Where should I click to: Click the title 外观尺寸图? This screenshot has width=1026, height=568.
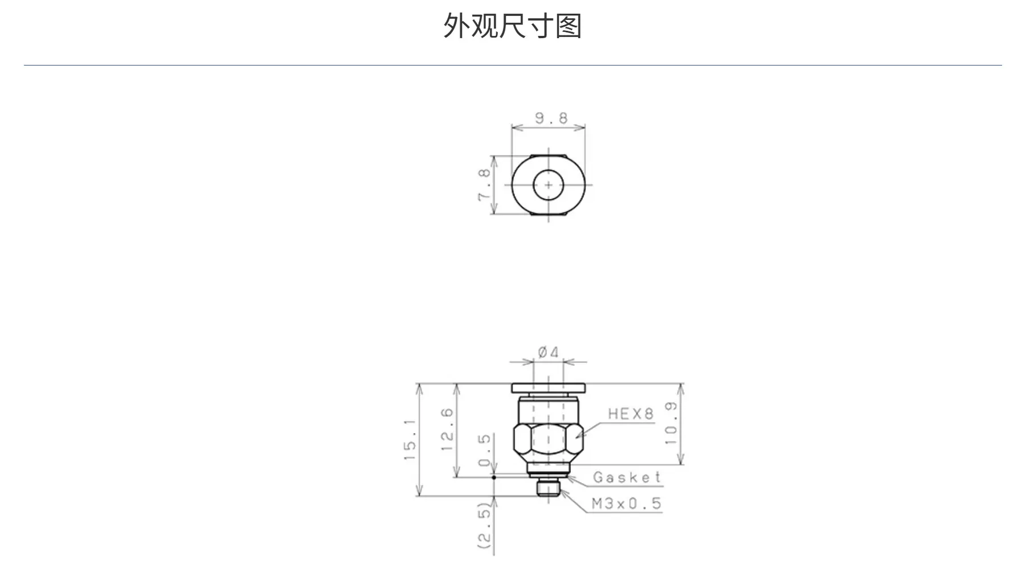point(512,26)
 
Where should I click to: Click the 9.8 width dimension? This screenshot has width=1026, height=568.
point(551,118)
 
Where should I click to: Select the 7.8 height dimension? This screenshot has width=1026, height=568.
point(484,185)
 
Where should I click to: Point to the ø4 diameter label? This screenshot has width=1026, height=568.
point(549,353)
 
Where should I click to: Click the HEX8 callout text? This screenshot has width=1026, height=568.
point(630,414)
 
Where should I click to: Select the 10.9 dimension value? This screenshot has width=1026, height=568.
point(671,423)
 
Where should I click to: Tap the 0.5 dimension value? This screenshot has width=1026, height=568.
point(484,450)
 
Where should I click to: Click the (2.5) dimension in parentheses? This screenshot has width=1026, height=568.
point(484,526)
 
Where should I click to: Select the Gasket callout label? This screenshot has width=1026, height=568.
point(627,477)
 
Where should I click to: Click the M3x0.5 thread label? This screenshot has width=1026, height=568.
point(626,504)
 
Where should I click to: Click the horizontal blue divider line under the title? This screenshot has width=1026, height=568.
point(513,66)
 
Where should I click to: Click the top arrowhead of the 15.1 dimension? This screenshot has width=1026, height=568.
point(420,390)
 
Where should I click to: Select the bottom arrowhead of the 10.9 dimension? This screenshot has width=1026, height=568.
point(680,459)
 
